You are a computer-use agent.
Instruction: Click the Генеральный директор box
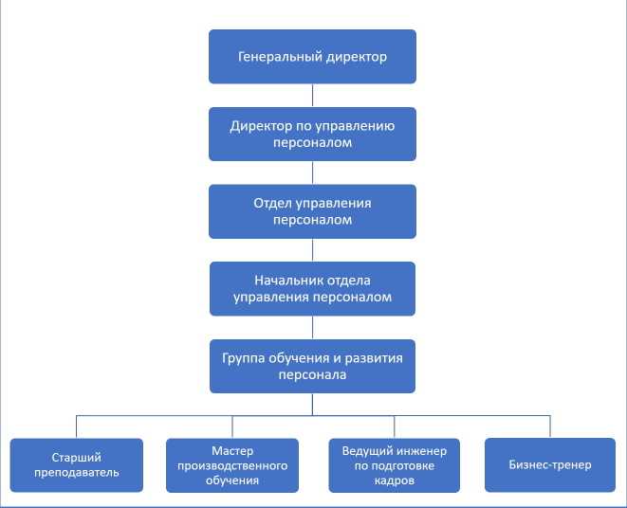[x=312, y=57]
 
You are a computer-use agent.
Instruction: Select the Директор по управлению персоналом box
[x=312, y=134]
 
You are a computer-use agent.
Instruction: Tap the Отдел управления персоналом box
[x=312, y=211]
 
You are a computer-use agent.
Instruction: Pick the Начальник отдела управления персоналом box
[x=312, y=288]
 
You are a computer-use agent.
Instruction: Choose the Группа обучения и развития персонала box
[x=312, y=366]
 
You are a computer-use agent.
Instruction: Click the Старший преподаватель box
[x=77, y=464]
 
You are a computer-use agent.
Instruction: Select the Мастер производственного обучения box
[x=232, y=464]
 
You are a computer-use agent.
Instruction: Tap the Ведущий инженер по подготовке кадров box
[x=394, y=464]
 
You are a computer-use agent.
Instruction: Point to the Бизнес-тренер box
[x=550, y=464]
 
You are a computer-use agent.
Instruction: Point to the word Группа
[x=245, y=358]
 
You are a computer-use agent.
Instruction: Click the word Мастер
[x=232, y=450]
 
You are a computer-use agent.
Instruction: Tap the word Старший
[x=77, y=457]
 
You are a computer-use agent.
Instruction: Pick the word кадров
[x=394, y=480]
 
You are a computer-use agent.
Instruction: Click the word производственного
[x=232, y=465]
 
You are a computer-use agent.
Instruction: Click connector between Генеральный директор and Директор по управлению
[x=312, y=95]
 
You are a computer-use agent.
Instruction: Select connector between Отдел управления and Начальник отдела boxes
[x=312, y=249]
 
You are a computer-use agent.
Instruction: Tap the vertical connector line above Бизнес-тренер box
[x=550, y=426]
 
